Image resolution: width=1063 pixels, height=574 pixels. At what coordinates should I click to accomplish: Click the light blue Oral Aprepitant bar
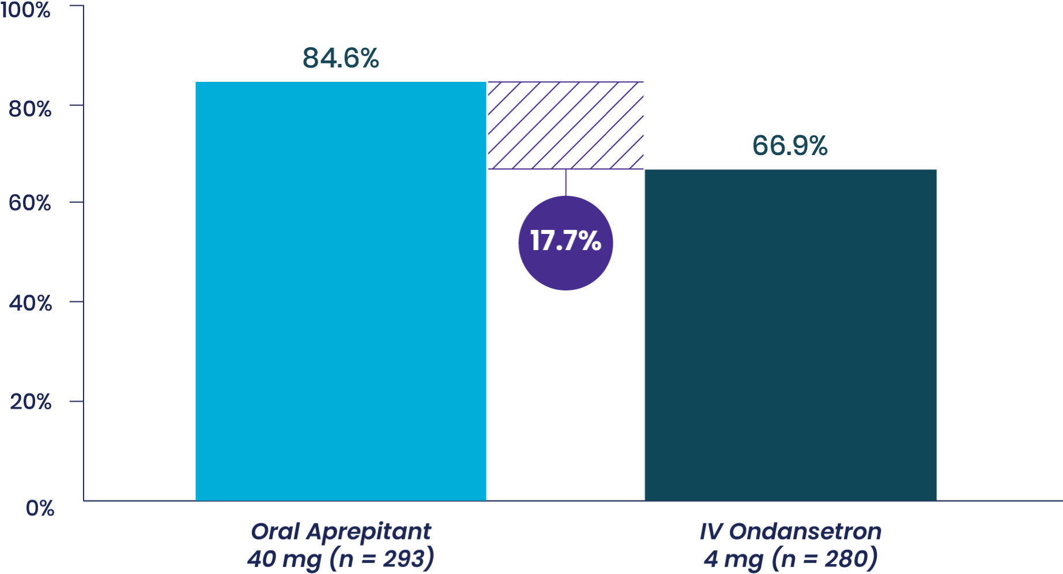(340, 291)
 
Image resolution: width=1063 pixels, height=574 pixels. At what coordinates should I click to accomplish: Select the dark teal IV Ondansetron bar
(790, 335)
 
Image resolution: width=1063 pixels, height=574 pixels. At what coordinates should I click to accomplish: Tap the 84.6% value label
(341, 58)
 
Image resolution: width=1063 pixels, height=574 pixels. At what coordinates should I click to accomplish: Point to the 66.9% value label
(790, 146)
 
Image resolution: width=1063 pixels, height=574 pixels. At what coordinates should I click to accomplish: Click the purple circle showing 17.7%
(566, 243)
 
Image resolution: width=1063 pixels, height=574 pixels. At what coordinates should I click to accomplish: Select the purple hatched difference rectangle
(566, 126)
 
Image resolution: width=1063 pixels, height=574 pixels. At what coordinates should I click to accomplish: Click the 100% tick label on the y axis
(25, 10)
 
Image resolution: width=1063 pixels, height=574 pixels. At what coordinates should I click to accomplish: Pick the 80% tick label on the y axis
(30, 108)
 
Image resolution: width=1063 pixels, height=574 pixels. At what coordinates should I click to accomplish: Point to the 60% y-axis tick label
(30, 203)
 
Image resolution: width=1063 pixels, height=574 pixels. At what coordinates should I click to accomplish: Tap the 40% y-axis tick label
(30, 303)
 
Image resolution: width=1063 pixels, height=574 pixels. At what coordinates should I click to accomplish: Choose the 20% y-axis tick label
(30, 402)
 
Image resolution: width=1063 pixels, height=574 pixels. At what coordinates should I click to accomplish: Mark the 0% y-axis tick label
(40, 508)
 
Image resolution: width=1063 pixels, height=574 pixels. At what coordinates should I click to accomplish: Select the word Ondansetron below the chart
(805, 531)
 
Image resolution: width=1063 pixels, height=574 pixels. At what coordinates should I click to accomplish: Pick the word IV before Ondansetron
(711, 531)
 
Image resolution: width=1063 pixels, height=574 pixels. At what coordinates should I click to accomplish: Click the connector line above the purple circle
(566, 182)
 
